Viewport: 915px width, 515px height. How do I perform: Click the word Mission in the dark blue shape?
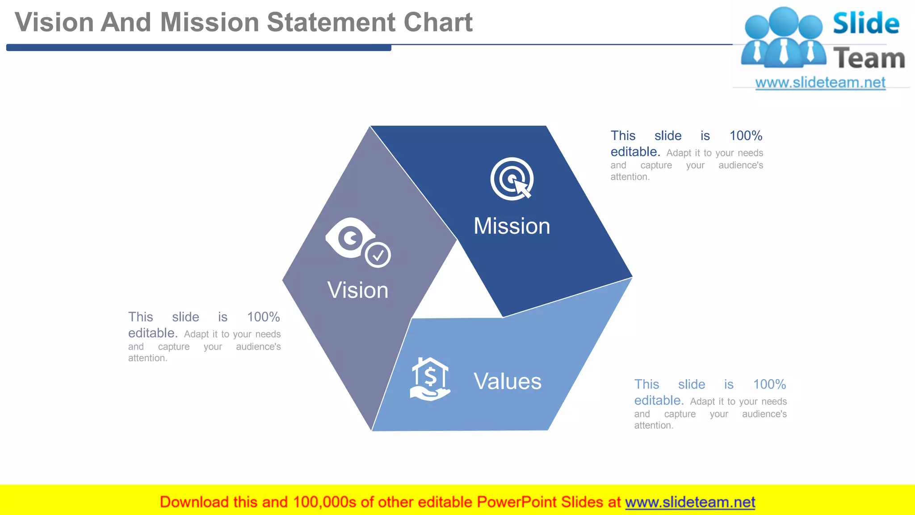point(512,226)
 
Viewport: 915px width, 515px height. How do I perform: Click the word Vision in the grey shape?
point(358,291)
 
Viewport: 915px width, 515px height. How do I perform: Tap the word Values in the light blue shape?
point(507,382)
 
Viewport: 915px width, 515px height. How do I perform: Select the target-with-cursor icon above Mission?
point(512,179)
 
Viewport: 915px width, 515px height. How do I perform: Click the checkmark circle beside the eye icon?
point(378,255)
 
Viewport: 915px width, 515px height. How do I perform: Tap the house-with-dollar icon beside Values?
point(429,379)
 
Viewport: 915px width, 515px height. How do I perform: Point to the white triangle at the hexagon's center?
point(457,286)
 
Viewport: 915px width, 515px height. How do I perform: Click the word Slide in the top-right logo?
point(865,24)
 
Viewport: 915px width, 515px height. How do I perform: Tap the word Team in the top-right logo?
point(869,59)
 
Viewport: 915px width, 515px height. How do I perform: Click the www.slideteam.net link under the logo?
point(820,83)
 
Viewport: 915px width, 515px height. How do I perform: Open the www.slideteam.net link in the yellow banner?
point(690,502)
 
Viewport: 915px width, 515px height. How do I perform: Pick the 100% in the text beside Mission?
point(746,136)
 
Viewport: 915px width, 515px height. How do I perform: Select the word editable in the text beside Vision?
point(152,333)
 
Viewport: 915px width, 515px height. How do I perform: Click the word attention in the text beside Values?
point(653,426)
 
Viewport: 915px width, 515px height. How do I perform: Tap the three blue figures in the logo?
point(783,38)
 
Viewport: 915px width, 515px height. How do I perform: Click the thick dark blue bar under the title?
point(198,47)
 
